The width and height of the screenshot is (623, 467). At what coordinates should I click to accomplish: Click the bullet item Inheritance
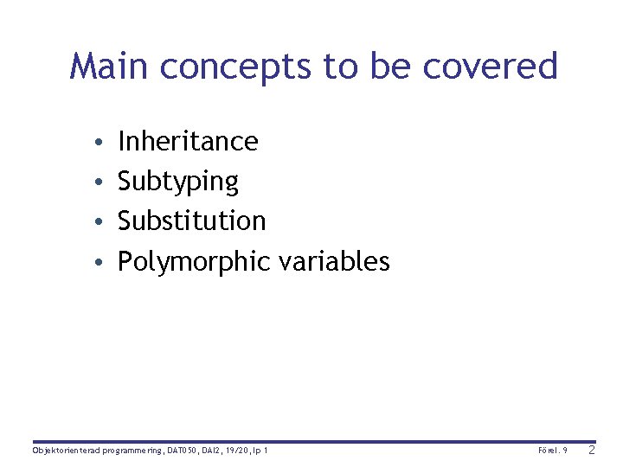coord(188,141)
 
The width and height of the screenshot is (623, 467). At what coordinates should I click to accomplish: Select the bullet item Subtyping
coord(177,182)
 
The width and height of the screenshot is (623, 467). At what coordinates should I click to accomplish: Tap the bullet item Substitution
coord(191,221)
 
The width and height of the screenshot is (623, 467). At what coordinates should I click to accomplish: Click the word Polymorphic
coord(194,261)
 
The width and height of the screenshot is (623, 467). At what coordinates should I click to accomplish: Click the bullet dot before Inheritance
coord(101,142)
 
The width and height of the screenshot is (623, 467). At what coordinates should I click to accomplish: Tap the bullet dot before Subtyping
coord(101,182)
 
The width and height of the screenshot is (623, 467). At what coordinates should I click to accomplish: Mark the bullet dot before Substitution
coord(101,221)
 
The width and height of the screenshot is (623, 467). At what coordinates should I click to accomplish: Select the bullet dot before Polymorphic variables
coord(101,261)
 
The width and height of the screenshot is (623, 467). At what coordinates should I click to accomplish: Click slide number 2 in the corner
coord(592,450)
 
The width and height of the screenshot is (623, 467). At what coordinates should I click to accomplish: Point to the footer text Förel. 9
coord(552,451)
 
